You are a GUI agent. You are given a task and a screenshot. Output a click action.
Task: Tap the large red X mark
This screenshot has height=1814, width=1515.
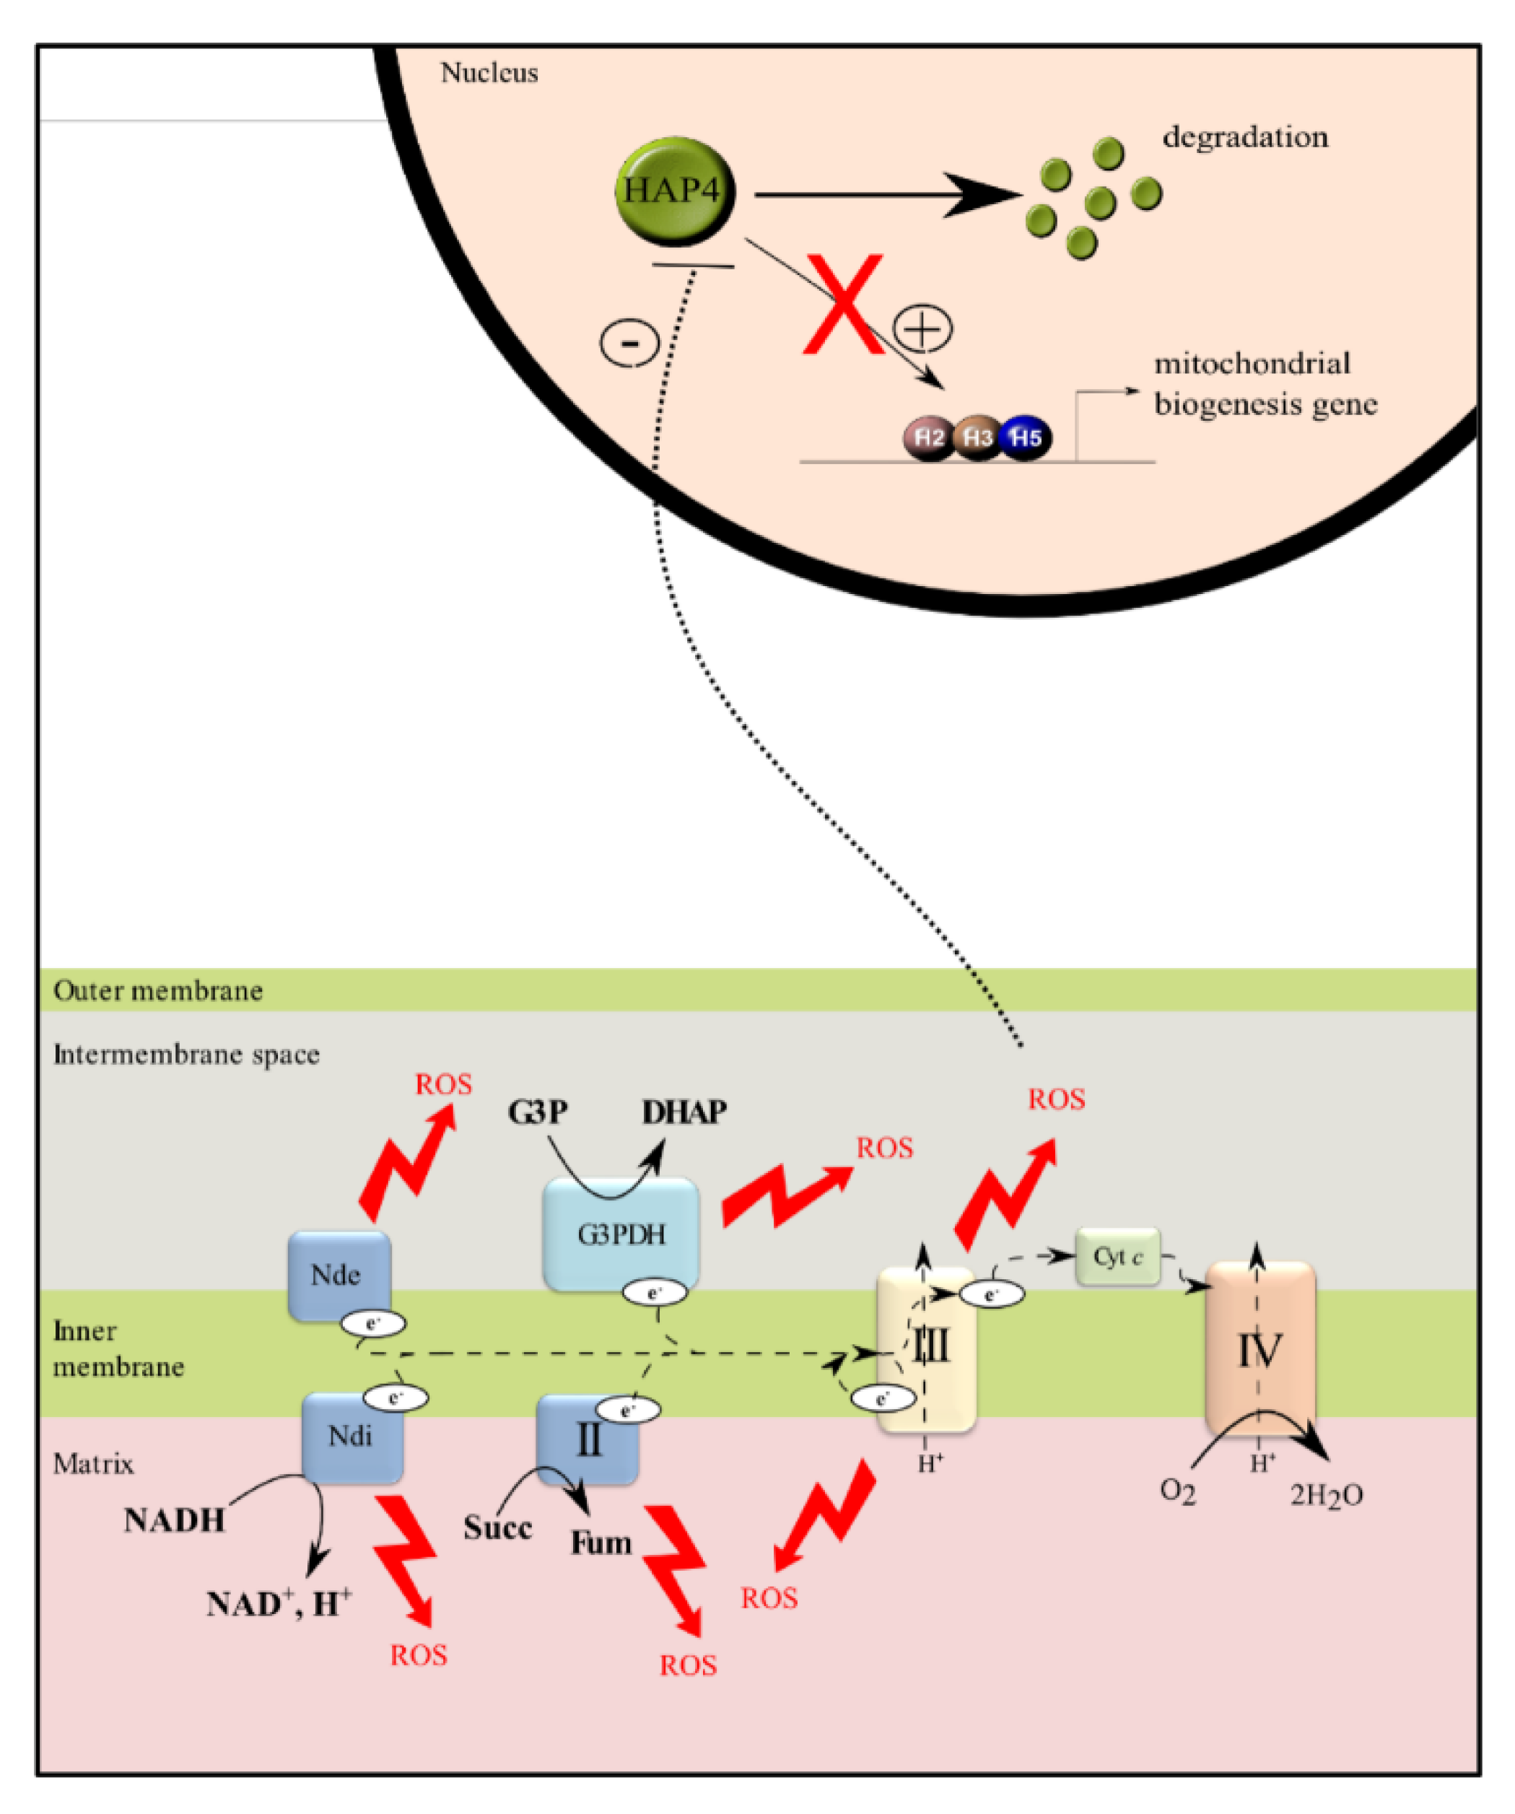(x=843, y=304)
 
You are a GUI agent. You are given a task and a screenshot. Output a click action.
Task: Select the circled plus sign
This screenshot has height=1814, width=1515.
(x=922, y=328)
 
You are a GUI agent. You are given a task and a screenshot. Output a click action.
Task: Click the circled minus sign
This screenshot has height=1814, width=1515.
(x=629, y=342)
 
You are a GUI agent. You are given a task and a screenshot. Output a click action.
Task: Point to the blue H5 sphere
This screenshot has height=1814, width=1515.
(x=1025, y=437)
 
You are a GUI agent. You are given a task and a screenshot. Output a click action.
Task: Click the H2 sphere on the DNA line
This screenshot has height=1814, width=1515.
(x=928, y=437)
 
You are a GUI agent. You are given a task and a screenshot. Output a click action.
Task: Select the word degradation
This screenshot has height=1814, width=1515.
(x=1244, y=137)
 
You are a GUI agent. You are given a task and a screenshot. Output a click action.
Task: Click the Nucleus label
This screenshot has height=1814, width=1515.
(x=489, y=73)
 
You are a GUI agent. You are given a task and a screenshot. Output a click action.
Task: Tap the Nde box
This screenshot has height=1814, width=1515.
(x=339, y=1275)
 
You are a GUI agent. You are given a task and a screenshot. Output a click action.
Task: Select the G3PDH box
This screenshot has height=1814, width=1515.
(x=621, y=1234)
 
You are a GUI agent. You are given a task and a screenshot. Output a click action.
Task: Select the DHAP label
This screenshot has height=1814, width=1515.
(x=684, y=1112)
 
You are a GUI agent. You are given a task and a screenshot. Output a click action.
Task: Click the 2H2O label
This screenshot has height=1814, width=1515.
(x=1326, y=1495)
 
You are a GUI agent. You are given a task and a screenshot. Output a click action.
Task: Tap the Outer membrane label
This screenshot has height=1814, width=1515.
(x=158, y=991)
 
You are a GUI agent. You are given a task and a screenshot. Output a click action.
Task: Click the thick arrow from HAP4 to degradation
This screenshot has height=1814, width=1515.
(x=881, y=195)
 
